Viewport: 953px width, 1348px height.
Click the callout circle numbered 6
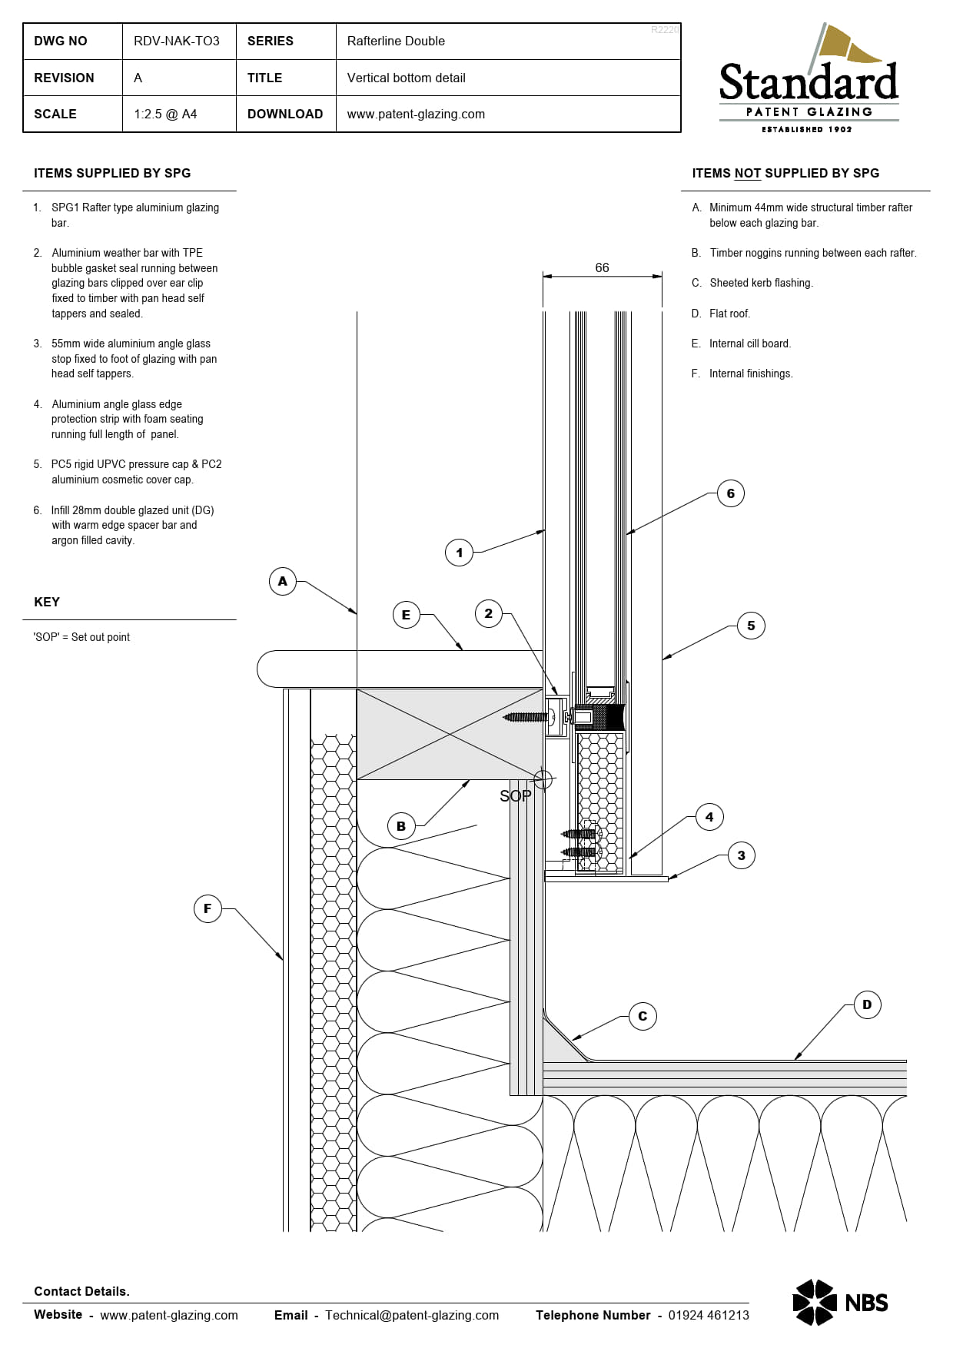pos(730,493)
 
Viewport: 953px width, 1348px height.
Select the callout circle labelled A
pos(283,581)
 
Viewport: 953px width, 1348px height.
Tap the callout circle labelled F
pos(208,908)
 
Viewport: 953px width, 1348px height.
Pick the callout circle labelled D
pos(867,1004)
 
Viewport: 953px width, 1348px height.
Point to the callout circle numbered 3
pos(741,855)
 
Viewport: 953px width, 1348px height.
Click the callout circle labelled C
pos(643,1016)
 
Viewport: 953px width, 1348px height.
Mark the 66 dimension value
pos(602,267)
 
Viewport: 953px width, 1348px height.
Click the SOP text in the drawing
pos(515,796)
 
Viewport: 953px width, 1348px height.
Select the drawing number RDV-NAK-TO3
pos(177,41)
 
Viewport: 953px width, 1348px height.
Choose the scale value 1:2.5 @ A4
pos(165,114)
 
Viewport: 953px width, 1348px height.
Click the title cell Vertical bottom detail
pos(406,78)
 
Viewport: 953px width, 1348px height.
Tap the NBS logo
pos(840,1302)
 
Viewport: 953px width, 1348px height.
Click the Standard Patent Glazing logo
pos(809,78)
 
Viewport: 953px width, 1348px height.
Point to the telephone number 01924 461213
pos(709,1315)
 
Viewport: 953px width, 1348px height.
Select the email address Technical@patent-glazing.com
pos(412,1315)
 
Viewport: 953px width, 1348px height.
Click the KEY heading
pos(47,602)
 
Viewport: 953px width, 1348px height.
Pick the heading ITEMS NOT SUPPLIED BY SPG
pos(785,173)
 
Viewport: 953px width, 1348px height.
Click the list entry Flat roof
pos(729,314)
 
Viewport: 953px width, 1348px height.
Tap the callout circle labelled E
pos(406,615)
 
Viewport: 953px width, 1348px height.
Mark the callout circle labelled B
pos(401,826)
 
